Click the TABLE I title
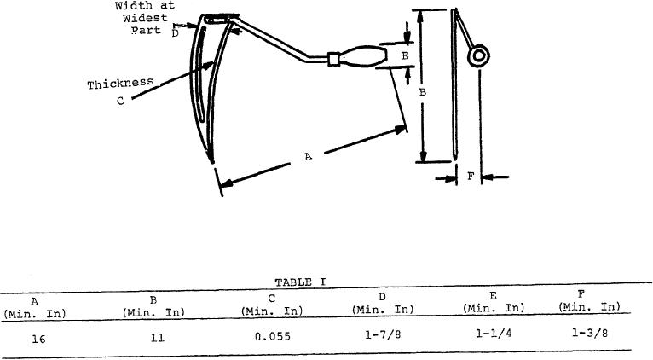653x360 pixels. pyautogui.click(x=300, y=282)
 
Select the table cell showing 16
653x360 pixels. pyautogui.click(x=38, y=340)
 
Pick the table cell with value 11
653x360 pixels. pyautogui.click(x=158, y=338)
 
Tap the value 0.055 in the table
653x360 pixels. pyautogui.click(x=272, y=336)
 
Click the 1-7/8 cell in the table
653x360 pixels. pyautogui.click(x=383, y=334)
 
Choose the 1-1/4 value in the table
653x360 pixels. pyautogui.click(x=494, y=334)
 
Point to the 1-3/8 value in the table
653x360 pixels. pyautogui.click(x=589, y=333)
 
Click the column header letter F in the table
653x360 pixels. pyautogui.click(x=581, y=294)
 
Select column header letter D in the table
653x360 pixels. pyautogui.click(x=382, y=297)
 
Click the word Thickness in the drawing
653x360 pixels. pyautogui.click(x=120, y=84)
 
